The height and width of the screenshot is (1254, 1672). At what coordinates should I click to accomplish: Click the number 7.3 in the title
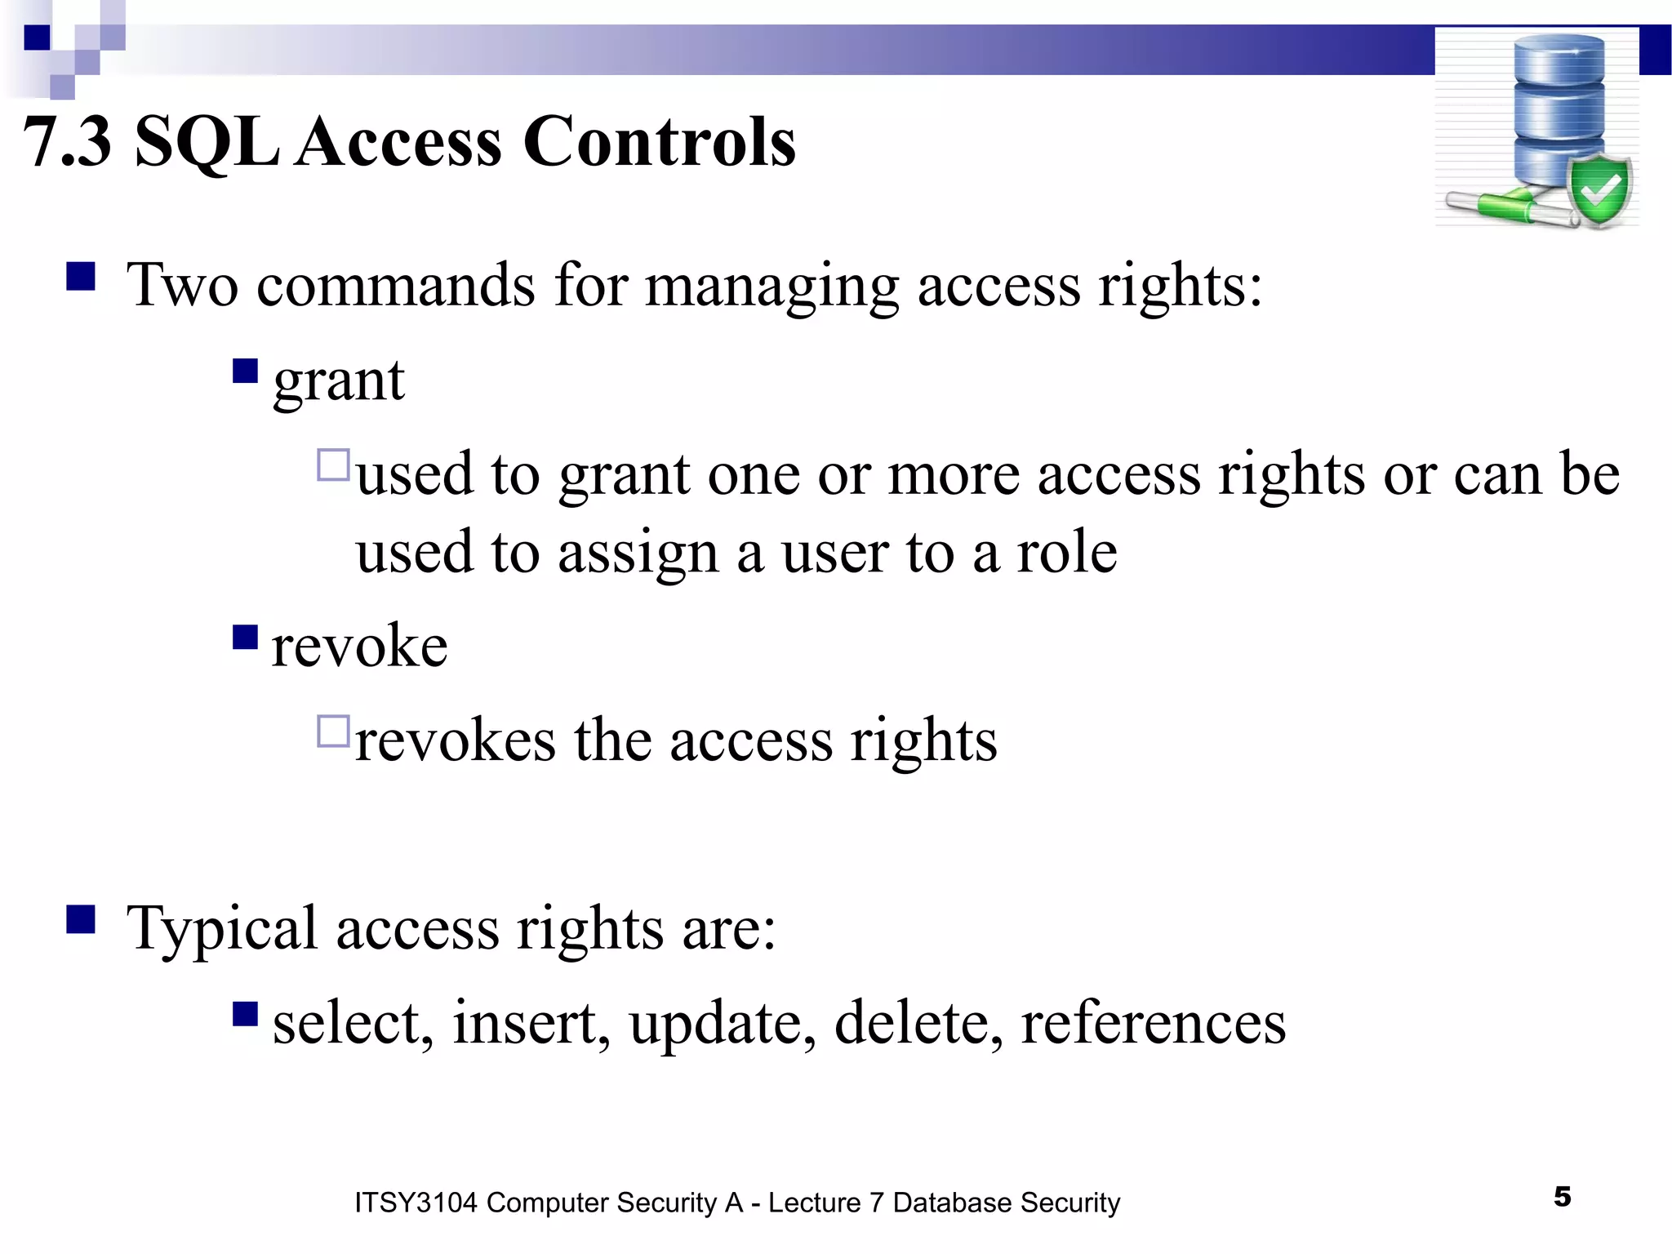67,142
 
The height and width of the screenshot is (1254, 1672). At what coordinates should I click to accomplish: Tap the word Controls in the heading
659,142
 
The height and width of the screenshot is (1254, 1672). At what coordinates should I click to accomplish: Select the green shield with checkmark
1600,190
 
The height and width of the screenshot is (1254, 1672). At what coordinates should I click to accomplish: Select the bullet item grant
338,380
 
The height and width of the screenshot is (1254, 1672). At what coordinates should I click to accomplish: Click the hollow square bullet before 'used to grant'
333,465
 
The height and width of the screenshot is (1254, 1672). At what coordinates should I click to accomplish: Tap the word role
1066,553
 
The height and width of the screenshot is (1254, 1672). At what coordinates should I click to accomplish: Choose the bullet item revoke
359,646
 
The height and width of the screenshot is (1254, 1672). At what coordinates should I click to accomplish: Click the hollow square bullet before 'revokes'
333,731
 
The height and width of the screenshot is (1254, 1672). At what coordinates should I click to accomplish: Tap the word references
1153,1022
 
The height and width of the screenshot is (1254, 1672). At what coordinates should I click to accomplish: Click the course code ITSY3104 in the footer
415,1203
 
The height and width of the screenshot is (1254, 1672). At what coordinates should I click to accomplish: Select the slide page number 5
1562,1197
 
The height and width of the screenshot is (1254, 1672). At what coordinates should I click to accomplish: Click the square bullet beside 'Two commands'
81,276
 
